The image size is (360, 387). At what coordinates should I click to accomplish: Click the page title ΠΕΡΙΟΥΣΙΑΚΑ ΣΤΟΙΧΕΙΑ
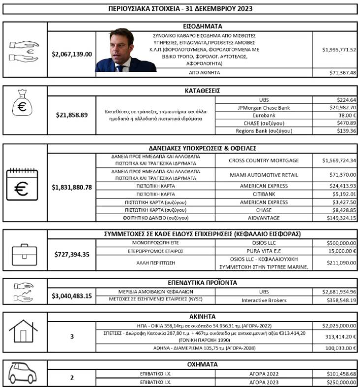click(180, 8)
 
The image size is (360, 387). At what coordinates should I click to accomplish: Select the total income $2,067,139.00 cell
click(72, 54)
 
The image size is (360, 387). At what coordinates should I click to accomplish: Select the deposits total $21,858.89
click(72, 115)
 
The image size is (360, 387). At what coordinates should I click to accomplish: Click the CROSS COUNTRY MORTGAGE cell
click(264, 161)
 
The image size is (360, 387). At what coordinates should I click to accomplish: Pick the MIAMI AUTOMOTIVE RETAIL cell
click(264, 175)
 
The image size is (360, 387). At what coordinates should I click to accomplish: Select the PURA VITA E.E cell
click(264, 251)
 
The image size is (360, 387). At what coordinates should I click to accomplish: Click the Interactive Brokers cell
click(264, 300)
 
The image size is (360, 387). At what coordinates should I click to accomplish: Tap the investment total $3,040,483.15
click(72, 296)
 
